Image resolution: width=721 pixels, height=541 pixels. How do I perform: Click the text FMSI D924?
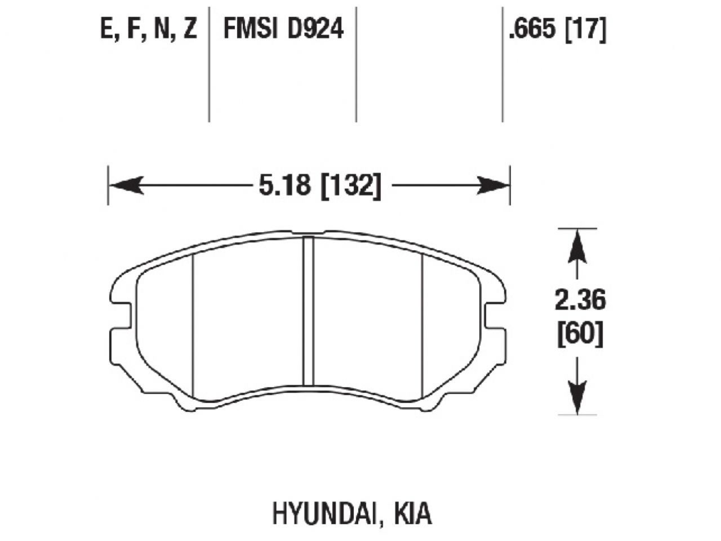click(283, 30)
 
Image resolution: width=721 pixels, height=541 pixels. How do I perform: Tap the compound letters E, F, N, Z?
click(149, 30)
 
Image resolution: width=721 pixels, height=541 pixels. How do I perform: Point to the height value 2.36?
click(580, 301)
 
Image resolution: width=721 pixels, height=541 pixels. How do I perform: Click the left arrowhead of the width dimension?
click(125, 185)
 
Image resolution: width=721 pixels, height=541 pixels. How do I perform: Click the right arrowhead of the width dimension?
click(493, 185)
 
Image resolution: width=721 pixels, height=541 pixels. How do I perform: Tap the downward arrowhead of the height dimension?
click(577, 398)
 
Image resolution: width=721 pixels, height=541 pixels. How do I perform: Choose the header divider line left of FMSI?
click(209, 62)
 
